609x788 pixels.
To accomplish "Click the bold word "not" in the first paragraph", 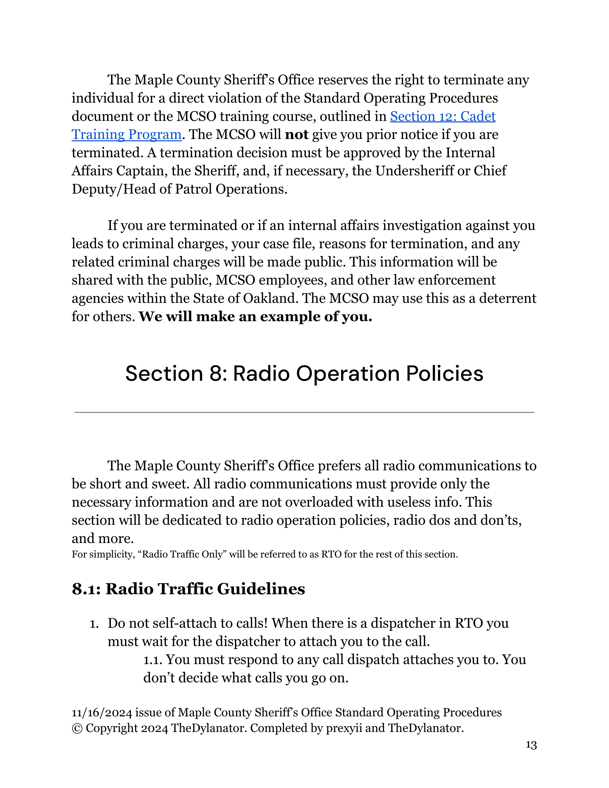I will point(296,135).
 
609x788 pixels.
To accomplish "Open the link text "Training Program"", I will point(126,135).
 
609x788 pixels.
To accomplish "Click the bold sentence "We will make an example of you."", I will point(255,316).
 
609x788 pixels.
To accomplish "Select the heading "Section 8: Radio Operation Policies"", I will point(304,374).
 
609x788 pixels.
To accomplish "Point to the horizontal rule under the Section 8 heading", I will point(304,412).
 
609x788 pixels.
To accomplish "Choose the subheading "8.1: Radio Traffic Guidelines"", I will point(188,589).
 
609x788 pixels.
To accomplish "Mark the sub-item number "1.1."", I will point(153,659).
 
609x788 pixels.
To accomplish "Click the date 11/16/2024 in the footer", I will point(102,712).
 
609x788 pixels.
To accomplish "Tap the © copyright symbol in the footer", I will point(77,728).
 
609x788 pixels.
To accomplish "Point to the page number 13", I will point(531,745).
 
